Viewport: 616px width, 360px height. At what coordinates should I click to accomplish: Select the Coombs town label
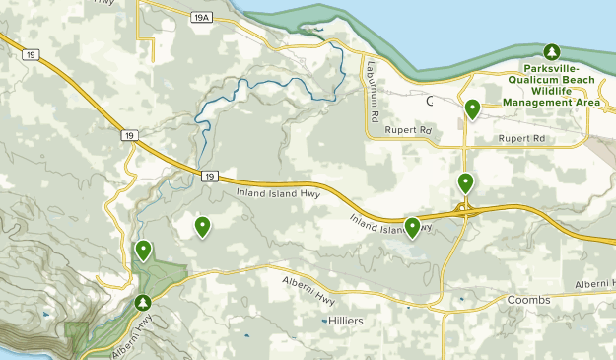pyautogui.click(x=527, y=299)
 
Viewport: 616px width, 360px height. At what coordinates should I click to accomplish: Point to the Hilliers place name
pyautogui.click(x=346, y=322)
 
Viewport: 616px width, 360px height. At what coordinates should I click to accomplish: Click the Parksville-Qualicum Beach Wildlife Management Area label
pyautogui.click(x=553, y=84)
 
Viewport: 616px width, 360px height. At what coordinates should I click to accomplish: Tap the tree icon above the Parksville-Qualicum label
pyautogui.click(x=552, y=51)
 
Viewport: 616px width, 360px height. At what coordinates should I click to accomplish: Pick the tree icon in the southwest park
pyautogui.click(x=144, y=302)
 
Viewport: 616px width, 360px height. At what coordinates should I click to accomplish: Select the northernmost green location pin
pyautogui.click(x=473, y=109)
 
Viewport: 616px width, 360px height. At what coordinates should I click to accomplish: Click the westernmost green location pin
pyautogui.click(x=144, y=251)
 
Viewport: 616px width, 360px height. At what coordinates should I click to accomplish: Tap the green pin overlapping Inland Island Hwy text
pyautogui.click(x=412, y=227)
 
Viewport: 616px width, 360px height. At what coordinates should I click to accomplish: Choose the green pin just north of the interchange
pyautogui.click(x=465, y=182)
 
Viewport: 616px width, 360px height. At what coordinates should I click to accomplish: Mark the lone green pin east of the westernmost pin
pyautogui.click(x=202, y=227)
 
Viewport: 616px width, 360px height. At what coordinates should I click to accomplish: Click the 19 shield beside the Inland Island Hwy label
pyautogui.click(x=209, y=177)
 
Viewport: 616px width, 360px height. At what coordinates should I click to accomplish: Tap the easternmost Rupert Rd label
pyautogui.click(x=521, y=139)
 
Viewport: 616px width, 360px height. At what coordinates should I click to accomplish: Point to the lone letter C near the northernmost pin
pyautogui.click(x=430, y=101)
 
